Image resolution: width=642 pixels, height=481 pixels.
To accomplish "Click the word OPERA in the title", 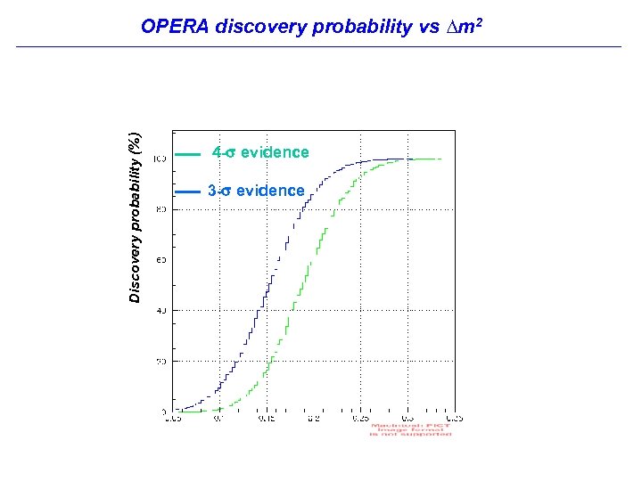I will pos(175,27).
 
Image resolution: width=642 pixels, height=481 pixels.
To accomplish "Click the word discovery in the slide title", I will pos(257,27).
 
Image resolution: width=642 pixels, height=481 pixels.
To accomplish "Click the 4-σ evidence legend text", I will pos(260,152).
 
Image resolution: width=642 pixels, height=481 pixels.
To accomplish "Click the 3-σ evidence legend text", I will pos(256,191).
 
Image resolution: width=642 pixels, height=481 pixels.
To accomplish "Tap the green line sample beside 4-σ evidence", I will pos(188,154).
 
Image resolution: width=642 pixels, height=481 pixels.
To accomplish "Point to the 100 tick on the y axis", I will pos(159,159).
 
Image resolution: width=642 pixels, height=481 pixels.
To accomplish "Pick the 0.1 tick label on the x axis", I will pos(218,417).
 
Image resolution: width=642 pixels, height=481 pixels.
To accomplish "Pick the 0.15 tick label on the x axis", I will pos(266,417).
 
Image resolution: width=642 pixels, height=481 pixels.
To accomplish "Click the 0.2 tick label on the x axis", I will pos(313,417).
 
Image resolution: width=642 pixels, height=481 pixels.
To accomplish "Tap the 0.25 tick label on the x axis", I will pos(360,417).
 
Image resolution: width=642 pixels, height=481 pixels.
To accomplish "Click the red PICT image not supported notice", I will pos(410,429).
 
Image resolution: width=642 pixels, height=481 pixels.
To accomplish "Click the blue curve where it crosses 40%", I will pos(259,310).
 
